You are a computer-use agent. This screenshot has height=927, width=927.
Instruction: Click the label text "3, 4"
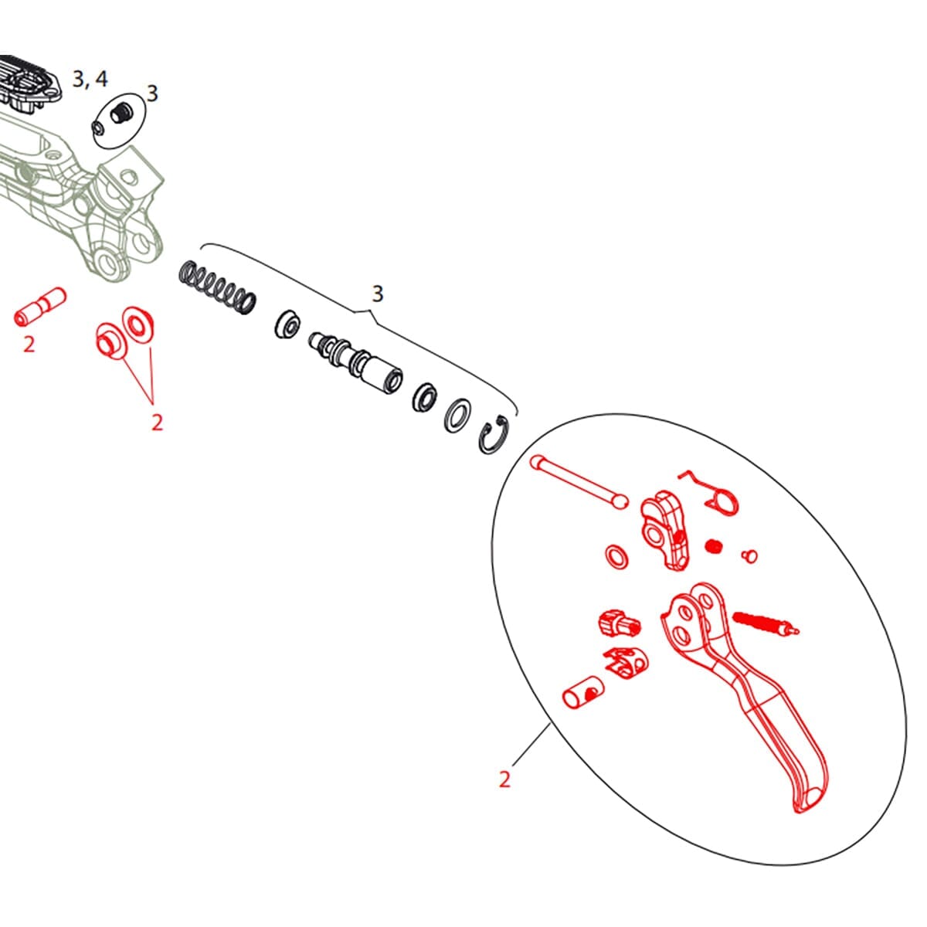point(90,79)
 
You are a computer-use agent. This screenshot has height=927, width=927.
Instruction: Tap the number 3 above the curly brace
point(377,294)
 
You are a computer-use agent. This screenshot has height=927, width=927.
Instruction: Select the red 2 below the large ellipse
point(504,779)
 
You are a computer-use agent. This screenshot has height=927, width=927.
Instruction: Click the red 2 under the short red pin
point(29,344)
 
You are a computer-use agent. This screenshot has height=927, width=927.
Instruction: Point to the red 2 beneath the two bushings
point(157,423)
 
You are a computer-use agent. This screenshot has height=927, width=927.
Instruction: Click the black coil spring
point(216,287)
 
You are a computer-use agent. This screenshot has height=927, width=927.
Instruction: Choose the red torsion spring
point(715,492)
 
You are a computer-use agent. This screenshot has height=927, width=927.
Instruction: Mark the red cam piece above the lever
point(664,528)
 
